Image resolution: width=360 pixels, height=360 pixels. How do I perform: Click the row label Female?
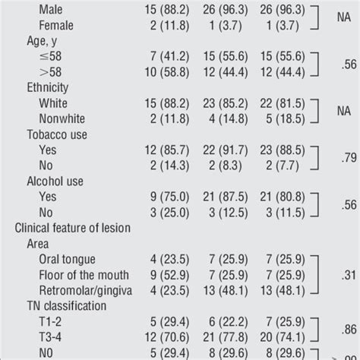56,26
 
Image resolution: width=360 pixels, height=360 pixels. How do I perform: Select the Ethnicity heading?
48,88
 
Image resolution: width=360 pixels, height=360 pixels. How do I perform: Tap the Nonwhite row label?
62,118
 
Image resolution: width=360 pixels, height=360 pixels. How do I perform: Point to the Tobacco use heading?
57,134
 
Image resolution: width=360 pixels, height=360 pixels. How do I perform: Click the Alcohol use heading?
55,182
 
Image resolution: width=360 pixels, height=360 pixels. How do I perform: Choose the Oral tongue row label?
67,260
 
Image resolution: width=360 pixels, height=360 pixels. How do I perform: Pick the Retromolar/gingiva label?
86,291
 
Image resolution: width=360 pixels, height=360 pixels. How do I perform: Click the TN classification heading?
67,306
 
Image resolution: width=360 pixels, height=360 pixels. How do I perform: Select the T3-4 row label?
50,337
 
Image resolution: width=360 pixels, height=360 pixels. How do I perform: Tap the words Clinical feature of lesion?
73,228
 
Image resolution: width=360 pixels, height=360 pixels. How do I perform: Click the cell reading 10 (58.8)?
167,72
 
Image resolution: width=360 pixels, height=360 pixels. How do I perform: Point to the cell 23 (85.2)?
226,103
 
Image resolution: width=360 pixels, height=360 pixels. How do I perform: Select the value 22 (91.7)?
226,150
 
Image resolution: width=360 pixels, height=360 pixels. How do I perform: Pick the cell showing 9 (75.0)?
169,197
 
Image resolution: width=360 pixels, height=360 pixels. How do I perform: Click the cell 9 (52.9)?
169,275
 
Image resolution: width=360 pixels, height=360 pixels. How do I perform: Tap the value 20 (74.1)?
283,337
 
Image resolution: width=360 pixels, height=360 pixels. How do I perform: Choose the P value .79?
349,158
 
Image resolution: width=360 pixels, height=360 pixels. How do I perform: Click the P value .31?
349,275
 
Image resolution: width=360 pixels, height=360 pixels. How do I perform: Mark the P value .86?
349,330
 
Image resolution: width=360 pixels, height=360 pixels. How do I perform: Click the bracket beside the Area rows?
317,275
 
